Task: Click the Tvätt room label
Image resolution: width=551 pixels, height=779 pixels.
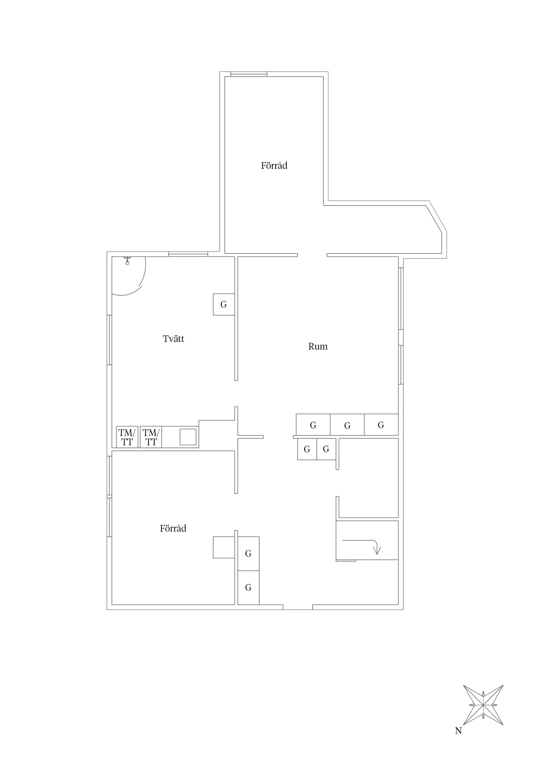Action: click(174, 339)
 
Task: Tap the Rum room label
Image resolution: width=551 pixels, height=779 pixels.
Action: click(318, 346)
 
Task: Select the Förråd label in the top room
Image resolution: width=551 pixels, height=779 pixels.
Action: click(274, 166)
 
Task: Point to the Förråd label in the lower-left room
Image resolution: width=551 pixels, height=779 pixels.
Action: click(173, 528)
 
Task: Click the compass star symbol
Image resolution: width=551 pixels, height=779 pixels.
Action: click(483, 705)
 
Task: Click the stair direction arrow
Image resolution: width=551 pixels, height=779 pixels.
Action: click(376, 547)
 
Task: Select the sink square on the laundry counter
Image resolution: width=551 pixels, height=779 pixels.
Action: click(188, 437)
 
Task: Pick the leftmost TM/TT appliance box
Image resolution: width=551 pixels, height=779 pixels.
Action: click(127, 437)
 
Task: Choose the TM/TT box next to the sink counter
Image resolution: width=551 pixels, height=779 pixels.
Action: click(151, 437)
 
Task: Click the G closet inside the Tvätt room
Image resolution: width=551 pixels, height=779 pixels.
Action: click(224, 304)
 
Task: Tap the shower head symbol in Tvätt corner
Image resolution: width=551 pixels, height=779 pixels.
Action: click(127, 261)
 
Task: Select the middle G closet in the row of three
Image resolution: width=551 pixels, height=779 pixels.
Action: click(347, 425)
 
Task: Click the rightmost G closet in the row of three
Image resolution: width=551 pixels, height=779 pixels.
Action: click(381, 425)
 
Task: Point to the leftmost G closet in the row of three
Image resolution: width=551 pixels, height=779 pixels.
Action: click(313, 425)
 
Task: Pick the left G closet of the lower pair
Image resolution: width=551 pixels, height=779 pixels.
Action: click(307, 449)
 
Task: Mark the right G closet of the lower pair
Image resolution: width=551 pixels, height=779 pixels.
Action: click(326, 449)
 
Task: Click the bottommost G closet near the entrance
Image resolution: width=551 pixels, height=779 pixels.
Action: click(248, 587)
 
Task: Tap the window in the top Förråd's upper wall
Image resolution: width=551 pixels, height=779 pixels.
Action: click(248, 74)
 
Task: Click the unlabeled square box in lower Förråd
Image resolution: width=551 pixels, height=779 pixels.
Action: click(224, 547)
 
